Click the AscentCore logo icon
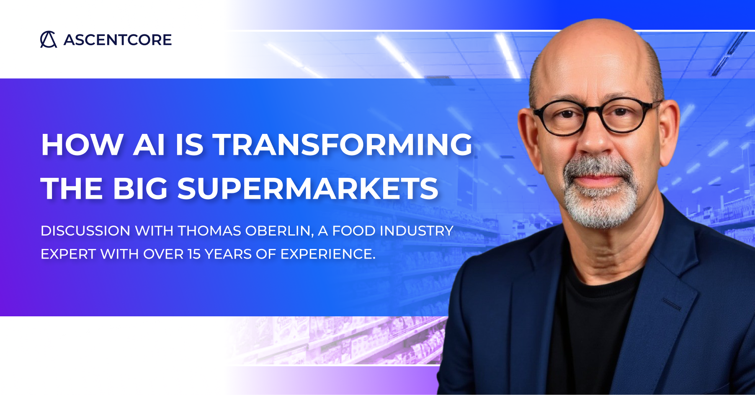point(49,40)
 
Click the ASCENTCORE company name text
point(118,40)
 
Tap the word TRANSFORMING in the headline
point(343,145)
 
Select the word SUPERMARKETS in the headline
point(308,188)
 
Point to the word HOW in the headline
point(82,145)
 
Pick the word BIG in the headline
point(140,188)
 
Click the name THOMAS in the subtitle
point(209,231)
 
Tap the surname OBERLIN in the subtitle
point(280,231)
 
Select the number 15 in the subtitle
point(194,254)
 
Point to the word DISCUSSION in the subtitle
point(85,231)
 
